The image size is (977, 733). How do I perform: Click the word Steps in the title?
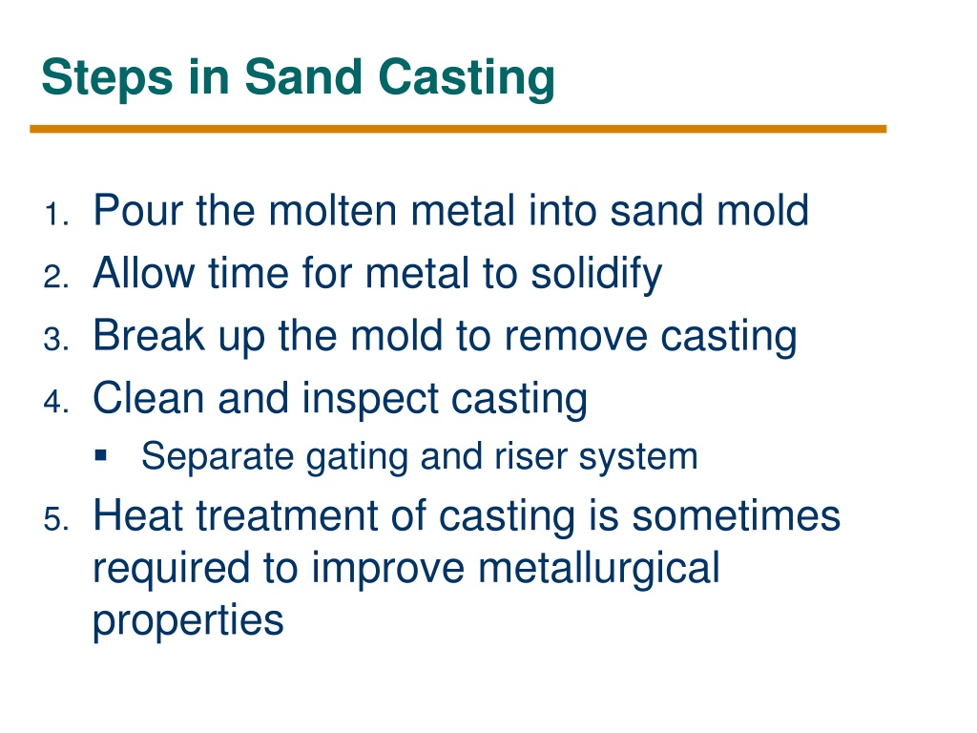point(107,77)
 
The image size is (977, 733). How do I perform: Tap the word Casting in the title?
point(467,77)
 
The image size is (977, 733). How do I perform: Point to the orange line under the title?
point(458,129)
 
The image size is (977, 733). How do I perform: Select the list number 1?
point(56,215)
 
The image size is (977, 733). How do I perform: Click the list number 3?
point(56,340)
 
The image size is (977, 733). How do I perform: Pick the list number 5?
point(56,520)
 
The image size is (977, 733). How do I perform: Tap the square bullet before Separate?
point(101,455)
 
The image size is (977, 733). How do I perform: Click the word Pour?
point(138,210)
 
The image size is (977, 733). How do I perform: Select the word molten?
point(333,210)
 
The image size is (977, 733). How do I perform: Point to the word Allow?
point(144,273)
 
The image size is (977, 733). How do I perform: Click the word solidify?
point(596,274)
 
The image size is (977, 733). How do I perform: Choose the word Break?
point(149,335)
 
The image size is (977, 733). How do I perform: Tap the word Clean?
point(148,398)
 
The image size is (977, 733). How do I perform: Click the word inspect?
point(371,400)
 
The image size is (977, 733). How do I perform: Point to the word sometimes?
point(737,515)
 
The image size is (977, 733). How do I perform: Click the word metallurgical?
point(599,569)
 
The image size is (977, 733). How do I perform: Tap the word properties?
point(188,621)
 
